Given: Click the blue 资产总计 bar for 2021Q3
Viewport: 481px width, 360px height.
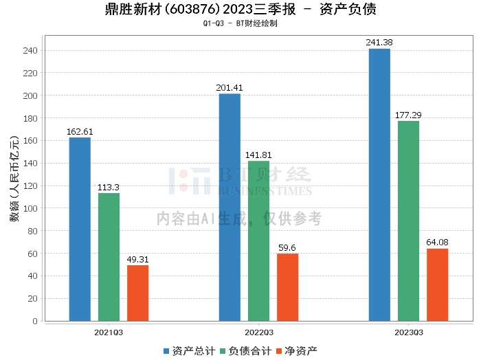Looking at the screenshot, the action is click(x=80, y=229).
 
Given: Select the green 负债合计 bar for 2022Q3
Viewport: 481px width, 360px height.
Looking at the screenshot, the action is click(x=258, y=241).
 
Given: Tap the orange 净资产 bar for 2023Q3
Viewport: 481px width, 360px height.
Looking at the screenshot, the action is click(x=438, y=285).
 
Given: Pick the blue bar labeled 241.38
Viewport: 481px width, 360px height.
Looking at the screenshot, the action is click(x=379, y=185).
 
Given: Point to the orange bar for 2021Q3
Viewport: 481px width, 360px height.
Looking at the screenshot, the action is click(x=137, y=293).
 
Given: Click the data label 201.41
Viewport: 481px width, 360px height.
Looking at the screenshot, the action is click(x=230, y=88).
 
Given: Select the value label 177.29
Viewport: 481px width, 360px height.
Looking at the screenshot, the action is click(x=408, y=115).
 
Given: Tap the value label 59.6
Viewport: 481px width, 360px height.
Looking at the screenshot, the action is click(x=287, y=248).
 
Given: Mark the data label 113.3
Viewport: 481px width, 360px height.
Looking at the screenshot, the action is click(x=109, y=188).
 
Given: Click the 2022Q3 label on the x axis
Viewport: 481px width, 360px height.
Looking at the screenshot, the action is click(x=259, y=333).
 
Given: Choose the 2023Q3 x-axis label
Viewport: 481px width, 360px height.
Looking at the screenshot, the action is click(x=409, y=333).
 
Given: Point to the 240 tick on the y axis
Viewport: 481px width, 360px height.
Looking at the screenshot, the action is click(x=30, y=51).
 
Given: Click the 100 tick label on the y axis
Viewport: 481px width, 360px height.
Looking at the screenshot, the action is click(x=30, y=209).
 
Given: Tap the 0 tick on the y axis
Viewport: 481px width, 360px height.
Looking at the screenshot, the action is click(x=35, y=322).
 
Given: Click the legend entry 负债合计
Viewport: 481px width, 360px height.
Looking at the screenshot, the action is click(x=246, y=351).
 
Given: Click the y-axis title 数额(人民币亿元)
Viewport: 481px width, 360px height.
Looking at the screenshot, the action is click(x=14, y=178).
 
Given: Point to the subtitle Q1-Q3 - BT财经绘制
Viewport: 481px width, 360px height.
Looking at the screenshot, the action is click(x=240, y=23).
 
